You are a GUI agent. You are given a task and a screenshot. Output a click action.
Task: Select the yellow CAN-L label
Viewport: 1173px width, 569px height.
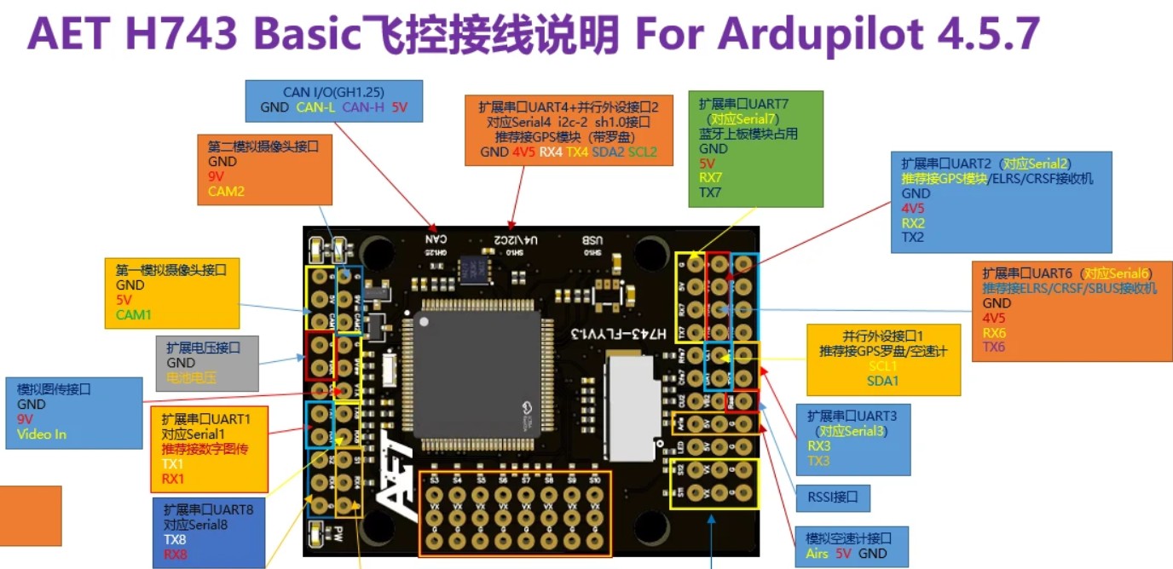pos(316,107)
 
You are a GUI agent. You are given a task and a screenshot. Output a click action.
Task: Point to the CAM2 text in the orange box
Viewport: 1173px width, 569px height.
pos(226,192)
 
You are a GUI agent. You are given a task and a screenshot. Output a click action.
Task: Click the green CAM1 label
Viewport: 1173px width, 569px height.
pos(133,314)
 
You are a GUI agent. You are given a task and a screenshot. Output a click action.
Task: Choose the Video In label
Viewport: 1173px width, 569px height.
pos(42,434)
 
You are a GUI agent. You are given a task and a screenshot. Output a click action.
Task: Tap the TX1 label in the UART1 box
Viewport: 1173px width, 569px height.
pos(173,464)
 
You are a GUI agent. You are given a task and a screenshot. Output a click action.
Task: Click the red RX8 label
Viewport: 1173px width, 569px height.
pos(176,555)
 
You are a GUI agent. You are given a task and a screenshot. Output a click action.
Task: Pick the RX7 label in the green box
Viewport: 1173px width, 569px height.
pos(711,177)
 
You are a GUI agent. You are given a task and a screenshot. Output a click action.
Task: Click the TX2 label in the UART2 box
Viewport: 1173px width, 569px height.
pos(913,238)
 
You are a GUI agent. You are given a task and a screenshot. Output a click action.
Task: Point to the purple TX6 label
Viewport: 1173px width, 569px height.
pos(994,348)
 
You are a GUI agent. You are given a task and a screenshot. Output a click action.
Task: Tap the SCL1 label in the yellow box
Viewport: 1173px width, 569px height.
pos(883,365)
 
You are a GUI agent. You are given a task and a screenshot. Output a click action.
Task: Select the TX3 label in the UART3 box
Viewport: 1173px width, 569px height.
pos(818,461)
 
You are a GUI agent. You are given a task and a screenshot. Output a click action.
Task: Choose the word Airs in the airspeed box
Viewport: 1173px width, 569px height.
pos(817,554)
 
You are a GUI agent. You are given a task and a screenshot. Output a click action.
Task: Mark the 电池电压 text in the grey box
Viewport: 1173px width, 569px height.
pos(191,377)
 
